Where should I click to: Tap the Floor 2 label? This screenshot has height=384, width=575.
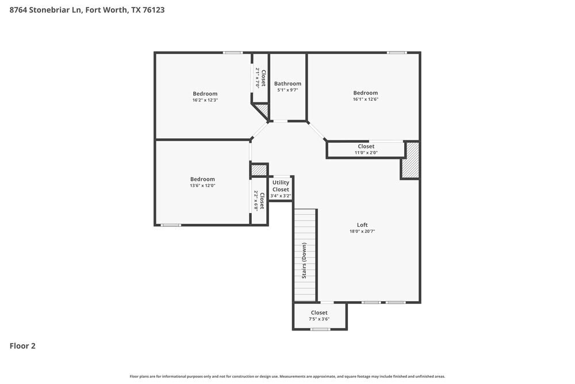point(22,346)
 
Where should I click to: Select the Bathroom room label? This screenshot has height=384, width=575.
point(287,83)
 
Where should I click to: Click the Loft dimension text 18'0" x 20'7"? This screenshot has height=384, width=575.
point(362,231)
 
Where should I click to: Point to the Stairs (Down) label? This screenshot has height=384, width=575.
point(305,261)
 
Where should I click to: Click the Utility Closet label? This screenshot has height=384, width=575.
point(281,186)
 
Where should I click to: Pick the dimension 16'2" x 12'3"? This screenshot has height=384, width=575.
point(205,100)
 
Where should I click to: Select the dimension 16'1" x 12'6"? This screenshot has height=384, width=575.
point(366,100)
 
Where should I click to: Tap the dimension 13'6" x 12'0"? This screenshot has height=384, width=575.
point(203,185)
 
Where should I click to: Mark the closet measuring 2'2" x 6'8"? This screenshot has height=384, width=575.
point(259,202)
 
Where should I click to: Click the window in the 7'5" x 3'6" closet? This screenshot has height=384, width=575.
point(320,329)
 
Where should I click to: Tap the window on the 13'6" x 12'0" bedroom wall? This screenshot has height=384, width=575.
point(171,225)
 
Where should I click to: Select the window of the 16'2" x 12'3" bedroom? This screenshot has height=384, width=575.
point(233,53)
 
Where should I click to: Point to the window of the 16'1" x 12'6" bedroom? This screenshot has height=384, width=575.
point(396,53)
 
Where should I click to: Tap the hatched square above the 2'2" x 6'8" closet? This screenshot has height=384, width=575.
point(259,170)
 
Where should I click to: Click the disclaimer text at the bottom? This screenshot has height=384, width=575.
point(287,376)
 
